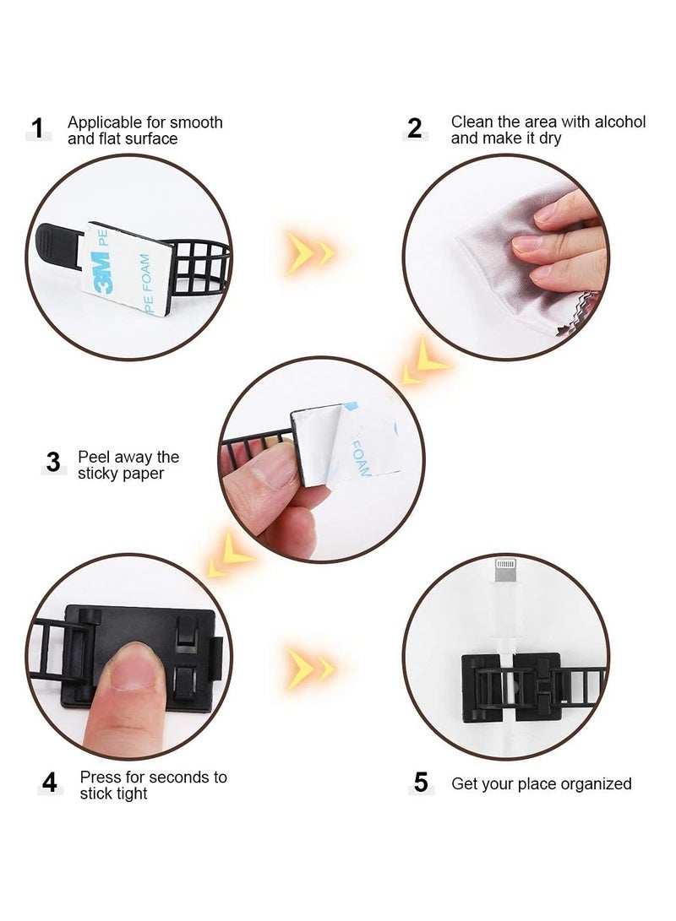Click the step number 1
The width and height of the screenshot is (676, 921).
[x=37, y=128]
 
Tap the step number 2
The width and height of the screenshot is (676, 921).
[x=414, y=128]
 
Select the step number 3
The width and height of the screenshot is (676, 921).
[x=54, y=463]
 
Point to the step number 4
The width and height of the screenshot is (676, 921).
[x=50, y=783]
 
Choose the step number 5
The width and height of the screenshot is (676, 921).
[x=420, y=783]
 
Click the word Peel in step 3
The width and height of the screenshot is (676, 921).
[x=95, y=458]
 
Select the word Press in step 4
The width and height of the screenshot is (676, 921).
[x=101, y=777]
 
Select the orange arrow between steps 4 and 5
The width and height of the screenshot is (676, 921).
[x=309, y=666]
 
